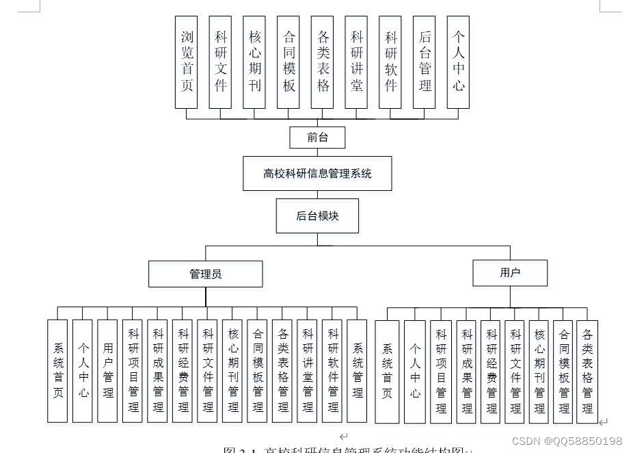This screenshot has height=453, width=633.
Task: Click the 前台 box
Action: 317,138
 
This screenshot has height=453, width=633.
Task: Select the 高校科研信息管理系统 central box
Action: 317,174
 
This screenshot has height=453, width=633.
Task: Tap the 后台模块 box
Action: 317,216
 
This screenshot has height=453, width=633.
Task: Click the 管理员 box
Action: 205,274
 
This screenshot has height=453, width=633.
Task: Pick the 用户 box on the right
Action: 510,273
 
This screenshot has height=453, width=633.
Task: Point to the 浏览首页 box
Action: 187,62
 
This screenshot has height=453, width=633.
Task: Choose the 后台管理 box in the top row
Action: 425,62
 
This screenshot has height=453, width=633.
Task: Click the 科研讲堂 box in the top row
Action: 356,62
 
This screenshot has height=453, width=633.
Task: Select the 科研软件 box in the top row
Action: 390,62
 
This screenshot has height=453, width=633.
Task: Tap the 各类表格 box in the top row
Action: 323,62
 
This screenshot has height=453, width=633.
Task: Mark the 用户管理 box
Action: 108,371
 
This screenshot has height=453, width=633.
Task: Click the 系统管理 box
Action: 357,371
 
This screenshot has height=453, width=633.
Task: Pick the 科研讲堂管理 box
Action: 308,371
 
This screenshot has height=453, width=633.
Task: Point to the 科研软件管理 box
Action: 332,371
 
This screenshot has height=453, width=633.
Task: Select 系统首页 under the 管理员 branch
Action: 57,371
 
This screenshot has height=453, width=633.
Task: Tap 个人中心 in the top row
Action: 458,62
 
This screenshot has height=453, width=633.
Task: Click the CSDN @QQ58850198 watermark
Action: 567,441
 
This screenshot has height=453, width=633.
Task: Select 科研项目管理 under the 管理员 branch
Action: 133,371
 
